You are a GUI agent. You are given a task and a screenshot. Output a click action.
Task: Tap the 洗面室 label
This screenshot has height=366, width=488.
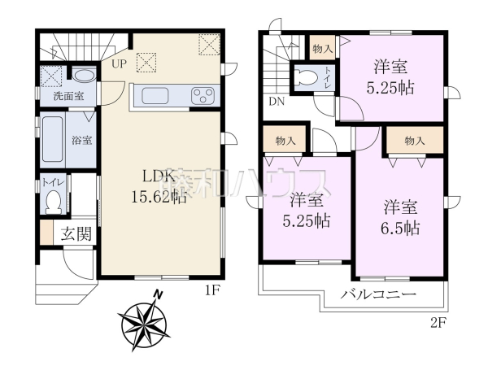tap(68, 96)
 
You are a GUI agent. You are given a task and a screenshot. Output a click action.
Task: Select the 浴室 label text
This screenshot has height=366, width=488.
tap(81, 140)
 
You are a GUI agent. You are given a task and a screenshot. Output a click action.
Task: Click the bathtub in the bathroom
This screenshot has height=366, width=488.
tap(54, 140)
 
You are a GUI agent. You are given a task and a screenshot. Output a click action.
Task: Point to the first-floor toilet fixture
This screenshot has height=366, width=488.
tap(54, 198)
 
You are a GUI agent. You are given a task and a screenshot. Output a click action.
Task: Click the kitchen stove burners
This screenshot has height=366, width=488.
tap(202, 96)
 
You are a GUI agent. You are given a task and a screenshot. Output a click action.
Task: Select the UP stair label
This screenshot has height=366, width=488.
tap(119, 63)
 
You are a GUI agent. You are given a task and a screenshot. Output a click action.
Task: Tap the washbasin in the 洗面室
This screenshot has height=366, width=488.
tap(83, 76)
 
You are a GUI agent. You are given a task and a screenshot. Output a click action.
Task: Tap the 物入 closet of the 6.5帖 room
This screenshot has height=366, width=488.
tap(414, 141)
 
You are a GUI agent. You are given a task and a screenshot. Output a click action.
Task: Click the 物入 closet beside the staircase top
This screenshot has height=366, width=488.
tap(323, 48)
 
